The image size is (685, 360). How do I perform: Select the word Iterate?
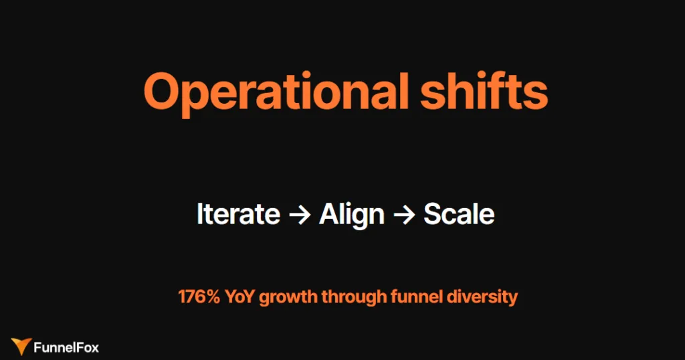click(238, 214)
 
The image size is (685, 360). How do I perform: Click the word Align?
click(352, 214)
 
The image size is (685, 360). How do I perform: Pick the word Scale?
click(459, 214)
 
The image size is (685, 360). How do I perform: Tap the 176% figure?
click(199, 296)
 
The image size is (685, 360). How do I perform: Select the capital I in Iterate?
click(199, 214)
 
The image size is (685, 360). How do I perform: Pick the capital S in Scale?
click(433, 214)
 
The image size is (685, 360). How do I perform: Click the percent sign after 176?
click(212, 296)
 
